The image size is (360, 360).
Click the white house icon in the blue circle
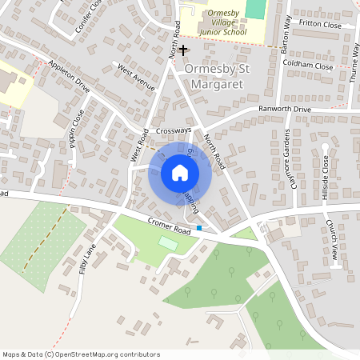(180, 173)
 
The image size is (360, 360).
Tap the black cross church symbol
(183, 50)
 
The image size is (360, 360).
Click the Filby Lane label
(87, 258)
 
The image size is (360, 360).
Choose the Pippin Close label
(77, 126)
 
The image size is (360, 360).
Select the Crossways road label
(174, 130)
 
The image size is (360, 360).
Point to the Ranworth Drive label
(283, 109)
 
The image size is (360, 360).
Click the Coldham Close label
(307, 66)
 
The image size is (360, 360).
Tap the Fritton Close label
(319, 25)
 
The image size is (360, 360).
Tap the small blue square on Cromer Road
(199, 228)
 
